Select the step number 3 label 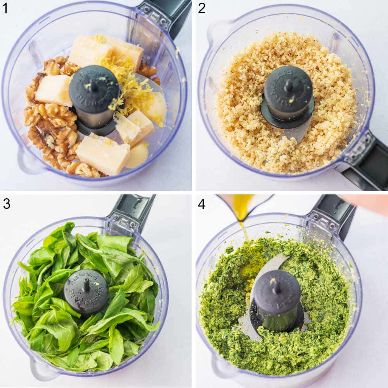pos(6,203)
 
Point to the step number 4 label pos(201,203)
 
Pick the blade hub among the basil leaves pos(86,290)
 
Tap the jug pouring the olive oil pos(244,204)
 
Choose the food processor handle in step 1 pos(165,16)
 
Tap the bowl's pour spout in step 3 pos(43,369)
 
